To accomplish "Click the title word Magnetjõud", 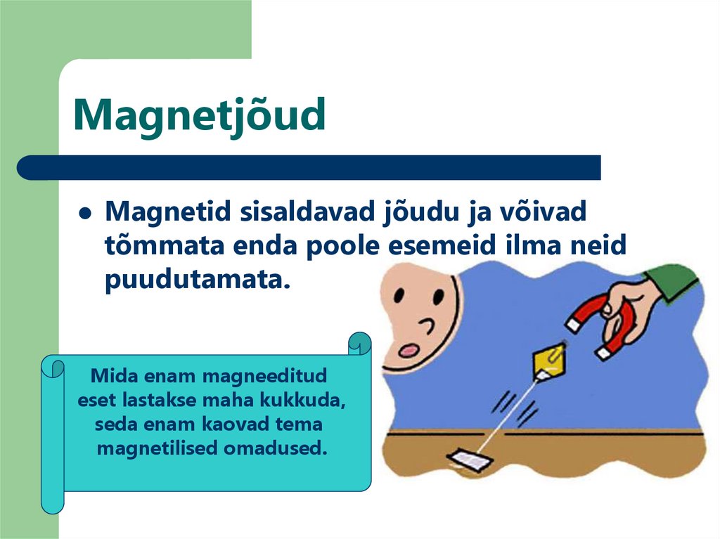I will point(200,117).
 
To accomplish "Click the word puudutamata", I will point(198,280).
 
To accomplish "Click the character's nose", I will point(426,325).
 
